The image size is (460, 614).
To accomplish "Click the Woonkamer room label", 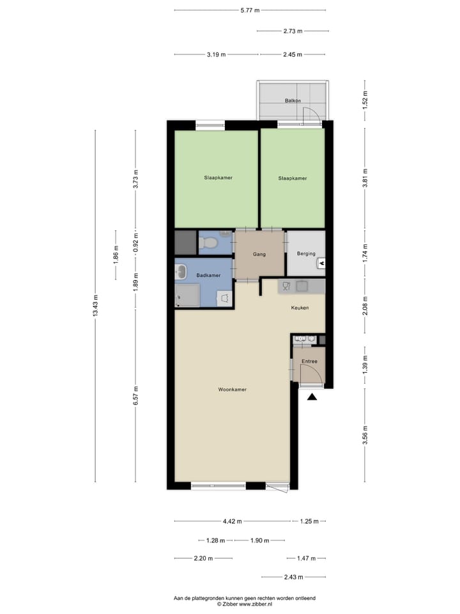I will pos(232,389).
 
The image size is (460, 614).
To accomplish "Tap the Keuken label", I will pos(300,308).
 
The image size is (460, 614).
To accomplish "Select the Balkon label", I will pos(293,101).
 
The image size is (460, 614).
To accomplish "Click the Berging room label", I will pos(306,253).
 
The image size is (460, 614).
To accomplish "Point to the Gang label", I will pos(259,254).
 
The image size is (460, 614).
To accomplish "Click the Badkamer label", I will pos(208,275).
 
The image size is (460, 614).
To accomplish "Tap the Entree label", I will pos(309,361).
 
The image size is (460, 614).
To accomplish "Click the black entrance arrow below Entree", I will pos(312,397).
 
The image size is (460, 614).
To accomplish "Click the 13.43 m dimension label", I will pos(96,306).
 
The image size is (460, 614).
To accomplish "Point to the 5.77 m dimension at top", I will pos(250,10).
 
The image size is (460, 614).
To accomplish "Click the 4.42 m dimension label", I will pos(232,521).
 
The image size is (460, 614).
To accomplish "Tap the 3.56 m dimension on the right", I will pos(365,434).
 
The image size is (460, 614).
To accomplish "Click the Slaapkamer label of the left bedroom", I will pos(218,177).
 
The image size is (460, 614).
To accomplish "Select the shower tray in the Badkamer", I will pos(188,295).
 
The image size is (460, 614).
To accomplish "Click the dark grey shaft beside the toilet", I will pos(186,242).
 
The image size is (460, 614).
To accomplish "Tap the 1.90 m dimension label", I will pos(259,540).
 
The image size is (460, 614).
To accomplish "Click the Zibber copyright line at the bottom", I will pos(245,604).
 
